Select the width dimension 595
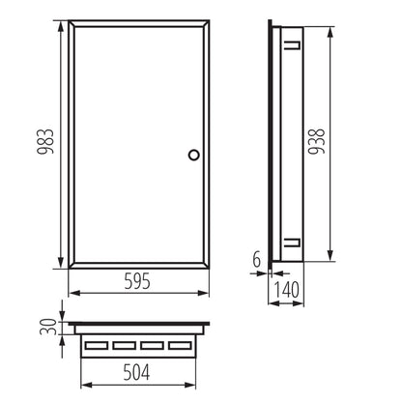(x=142, y=283)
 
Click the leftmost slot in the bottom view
(x=96, y=344)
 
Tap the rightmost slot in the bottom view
(x=181, y=344)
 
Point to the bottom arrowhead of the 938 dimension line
(x=331, y=261)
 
